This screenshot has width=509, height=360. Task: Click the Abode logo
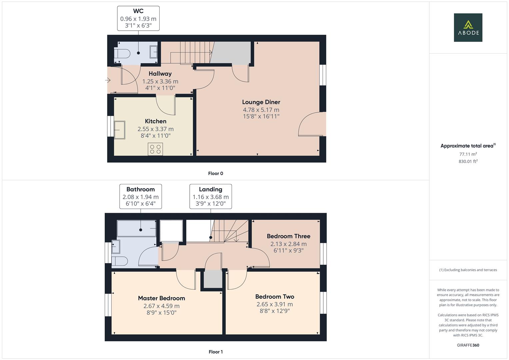(468, 28)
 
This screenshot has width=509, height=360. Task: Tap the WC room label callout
(138, 18)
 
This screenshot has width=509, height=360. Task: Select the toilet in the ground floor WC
(122, 54)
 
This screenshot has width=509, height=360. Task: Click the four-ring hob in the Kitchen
(155, 149)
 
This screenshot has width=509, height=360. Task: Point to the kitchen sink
(120, 130)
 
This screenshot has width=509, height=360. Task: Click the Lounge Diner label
(261, 102)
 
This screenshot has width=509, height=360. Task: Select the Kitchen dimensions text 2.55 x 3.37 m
(155, 129)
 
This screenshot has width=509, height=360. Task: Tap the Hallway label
(160, 74)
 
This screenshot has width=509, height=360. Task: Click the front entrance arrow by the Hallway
(108, 80)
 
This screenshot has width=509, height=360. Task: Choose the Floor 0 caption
(215, 173)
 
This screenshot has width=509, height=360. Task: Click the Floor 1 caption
(215, 352)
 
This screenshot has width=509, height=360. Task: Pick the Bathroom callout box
(141, 196)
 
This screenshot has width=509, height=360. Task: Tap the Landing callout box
(211, 196)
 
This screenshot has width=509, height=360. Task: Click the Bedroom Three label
(288, 236)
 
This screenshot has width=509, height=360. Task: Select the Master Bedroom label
(161, 298)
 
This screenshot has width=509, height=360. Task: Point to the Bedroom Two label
(275, 297)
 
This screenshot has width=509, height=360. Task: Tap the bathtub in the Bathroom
(137, 228)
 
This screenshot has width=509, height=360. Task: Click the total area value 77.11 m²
(468, 154)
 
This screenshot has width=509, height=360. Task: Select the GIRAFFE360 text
(468, 345)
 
